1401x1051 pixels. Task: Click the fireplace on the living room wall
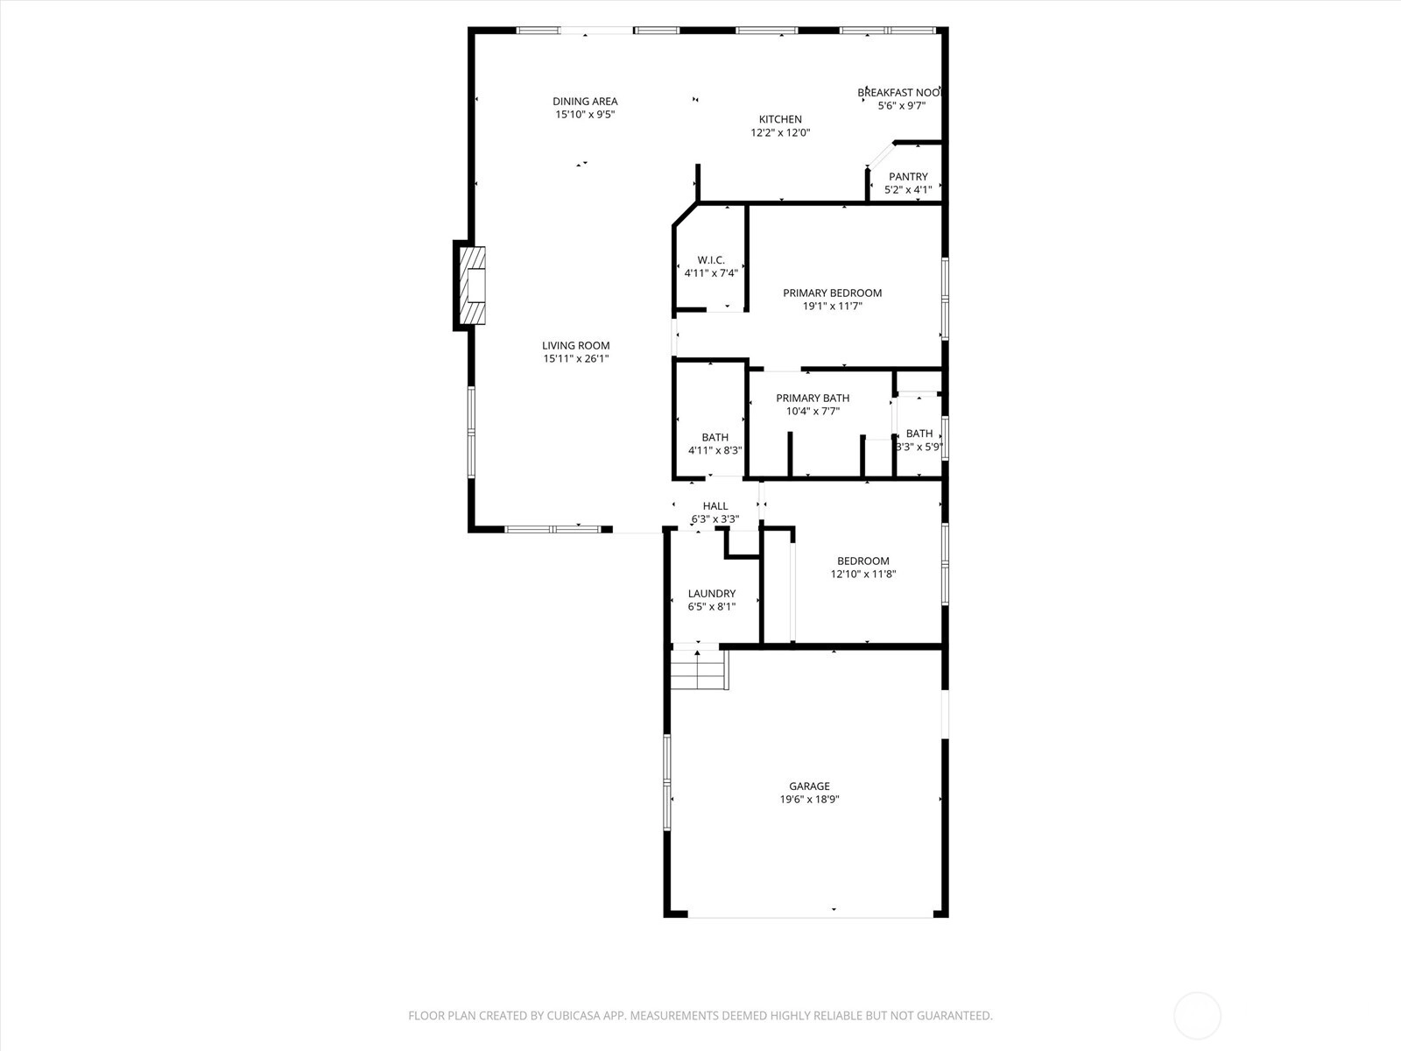point(472,285)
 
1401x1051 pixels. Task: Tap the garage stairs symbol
point(699,669)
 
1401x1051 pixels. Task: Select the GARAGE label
point(809,786)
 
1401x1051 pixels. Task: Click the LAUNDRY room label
point(712,594)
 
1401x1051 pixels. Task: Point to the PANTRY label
point(908,177)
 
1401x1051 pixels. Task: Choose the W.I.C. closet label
point(711,260)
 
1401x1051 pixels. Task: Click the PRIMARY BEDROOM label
point(833,293)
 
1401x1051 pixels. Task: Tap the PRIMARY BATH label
point(813,399)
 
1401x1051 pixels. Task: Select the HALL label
point(715,506)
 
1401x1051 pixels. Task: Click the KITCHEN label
point(780,119)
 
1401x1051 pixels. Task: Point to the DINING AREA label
point(585,102)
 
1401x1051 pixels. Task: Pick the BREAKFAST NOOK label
point(900,93)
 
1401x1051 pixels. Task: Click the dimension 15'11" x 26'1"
point(575,358)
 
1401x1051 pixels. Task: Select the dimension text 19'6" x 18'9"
point(809,800)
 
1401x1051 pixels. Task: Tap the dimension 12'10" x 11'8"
point(863,574)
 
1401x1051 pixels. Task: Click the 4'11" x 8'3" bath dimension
point(715,450)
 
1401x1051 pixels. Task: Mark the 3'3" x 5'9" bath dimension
point(919,448)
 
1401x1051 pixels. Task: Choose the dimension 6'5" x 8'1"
point(712,607)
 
